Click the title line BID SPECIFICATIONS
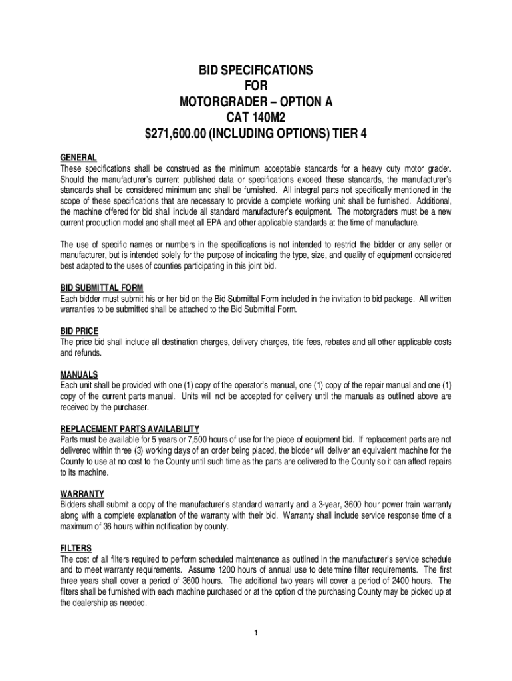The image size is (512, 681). tap(256, 70)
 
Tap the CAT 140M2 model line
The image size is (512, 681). tap(256, 118)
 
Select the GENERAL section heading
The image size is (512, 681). tap(78, 158)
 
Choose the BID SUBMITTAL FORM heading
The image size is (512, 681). tap(102, 287)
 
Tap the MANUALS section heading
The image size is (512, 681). tap(79, 374)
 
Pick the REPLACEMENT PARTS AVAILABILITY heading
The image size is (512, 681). tap(130, 428)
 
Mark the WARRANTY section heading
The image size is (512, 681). tap(82, 493)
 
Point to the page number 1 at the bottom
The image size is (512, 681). tap(256, 631)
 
